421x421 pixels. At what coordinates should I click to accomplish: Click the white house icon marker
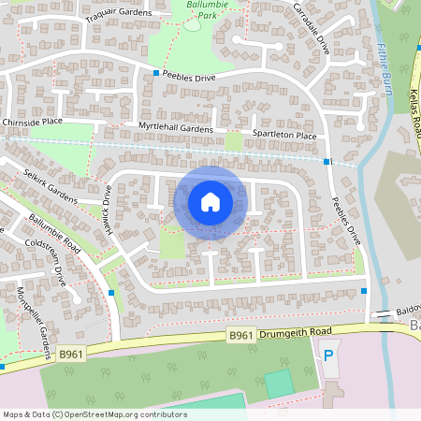(210, 202)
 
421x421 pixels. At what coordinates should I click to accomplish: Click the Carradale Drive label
(312, 27)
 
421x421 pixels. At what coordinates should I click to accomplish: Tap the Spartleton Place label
(284, 136)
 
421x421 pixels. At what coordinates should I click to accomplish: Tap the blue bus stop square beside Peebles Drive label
(156, 72)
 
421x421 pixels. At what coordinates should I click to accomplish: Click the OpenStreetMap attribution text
(94, 414)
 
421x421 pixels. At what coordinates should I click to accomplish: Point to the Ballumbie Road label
(56, 237)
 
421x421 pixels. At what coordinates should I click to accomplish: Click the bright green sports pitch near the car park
(278, 383)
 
